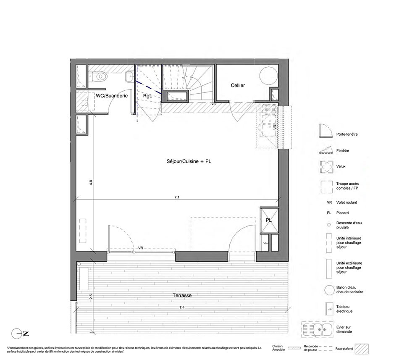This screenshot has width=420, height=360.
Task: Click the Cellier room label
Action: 238,85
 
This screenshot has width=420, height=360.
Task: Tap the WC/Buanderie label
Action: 112,96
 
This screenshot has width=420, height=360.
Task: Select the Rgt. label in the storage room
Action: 147,96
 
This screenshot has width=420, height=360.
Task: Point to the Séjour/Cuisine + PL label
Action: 189,161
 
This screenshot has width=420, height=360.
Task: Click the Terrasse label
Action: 182,295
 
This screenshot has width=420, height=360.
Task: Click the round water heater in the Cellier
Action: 268,76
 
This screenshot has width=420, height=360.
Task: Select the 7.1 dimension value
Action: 177,197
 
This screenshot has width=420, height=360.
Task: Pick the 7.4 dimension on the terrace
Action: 182,307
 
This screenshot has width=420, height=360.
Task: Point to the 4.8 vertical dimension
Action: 91,183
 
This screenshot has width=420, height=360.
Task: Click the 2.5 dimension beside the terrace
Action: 91,297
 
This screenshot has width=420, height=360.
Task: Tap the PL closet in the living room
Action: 269,220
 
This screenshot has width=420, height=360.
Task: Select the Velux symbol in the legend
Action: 327,167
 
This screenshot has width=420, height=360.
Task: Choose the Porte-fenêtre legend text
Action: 347,134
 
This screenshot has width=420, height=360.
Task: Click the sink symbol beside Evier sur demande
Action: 318,329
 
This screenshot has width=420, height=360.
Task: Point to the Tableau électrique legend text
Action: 344,309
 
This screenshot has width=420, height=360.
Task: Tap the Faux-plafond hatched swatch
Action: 362,349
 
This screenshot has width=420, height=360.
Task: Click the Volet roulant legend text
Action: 346,202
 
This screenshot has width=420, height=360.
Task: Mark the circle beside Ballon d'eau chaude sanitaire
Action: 329,290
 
